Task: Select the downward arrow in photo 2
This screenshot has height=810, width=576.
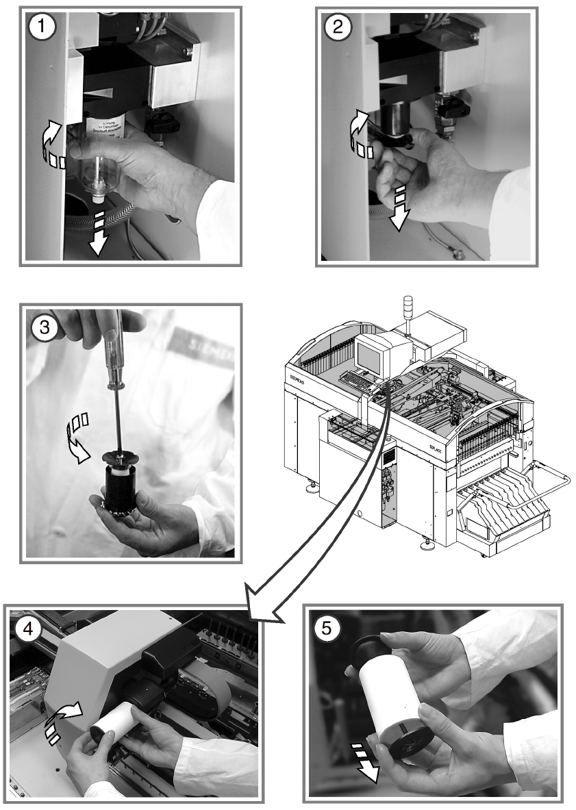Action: pos(399,205)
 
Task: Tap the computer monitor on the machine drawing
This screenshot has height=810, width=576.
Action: pos(371,356)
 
